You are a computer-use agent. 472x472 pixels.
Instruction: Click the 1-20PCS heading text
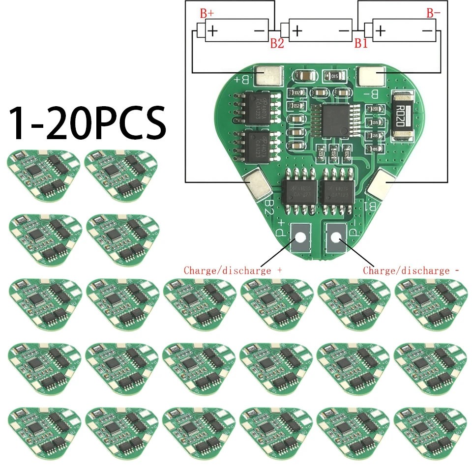[88, 121]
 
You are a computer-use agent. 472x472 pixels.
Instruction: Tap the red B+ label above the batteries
[206, 14]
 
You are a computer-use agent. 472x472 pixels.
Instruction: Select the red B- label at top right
[431, 14]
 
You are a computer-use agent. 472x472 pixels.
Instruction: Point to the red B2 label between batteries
[277, 44]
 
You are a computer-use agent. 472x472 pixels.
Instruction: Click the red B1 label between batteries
[361, 44]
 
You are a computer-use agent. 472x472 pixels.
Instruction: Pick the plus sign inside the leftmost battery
[213, 31]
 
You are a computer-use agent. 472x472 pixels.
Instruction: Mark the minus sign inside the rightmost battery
[426, 31]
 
